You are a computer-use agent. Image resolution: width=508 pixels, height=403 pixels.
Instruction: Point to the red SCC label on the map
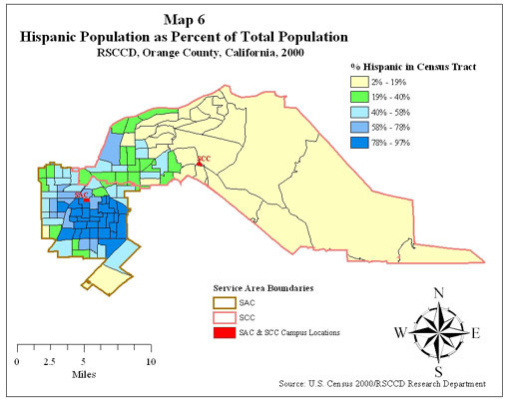204,159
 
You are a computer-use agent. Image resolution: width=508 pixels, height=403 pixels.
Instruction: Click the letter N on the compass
438,292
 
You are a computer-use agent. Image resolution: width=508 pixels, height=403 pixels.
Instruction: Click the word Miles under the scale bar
84,375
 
